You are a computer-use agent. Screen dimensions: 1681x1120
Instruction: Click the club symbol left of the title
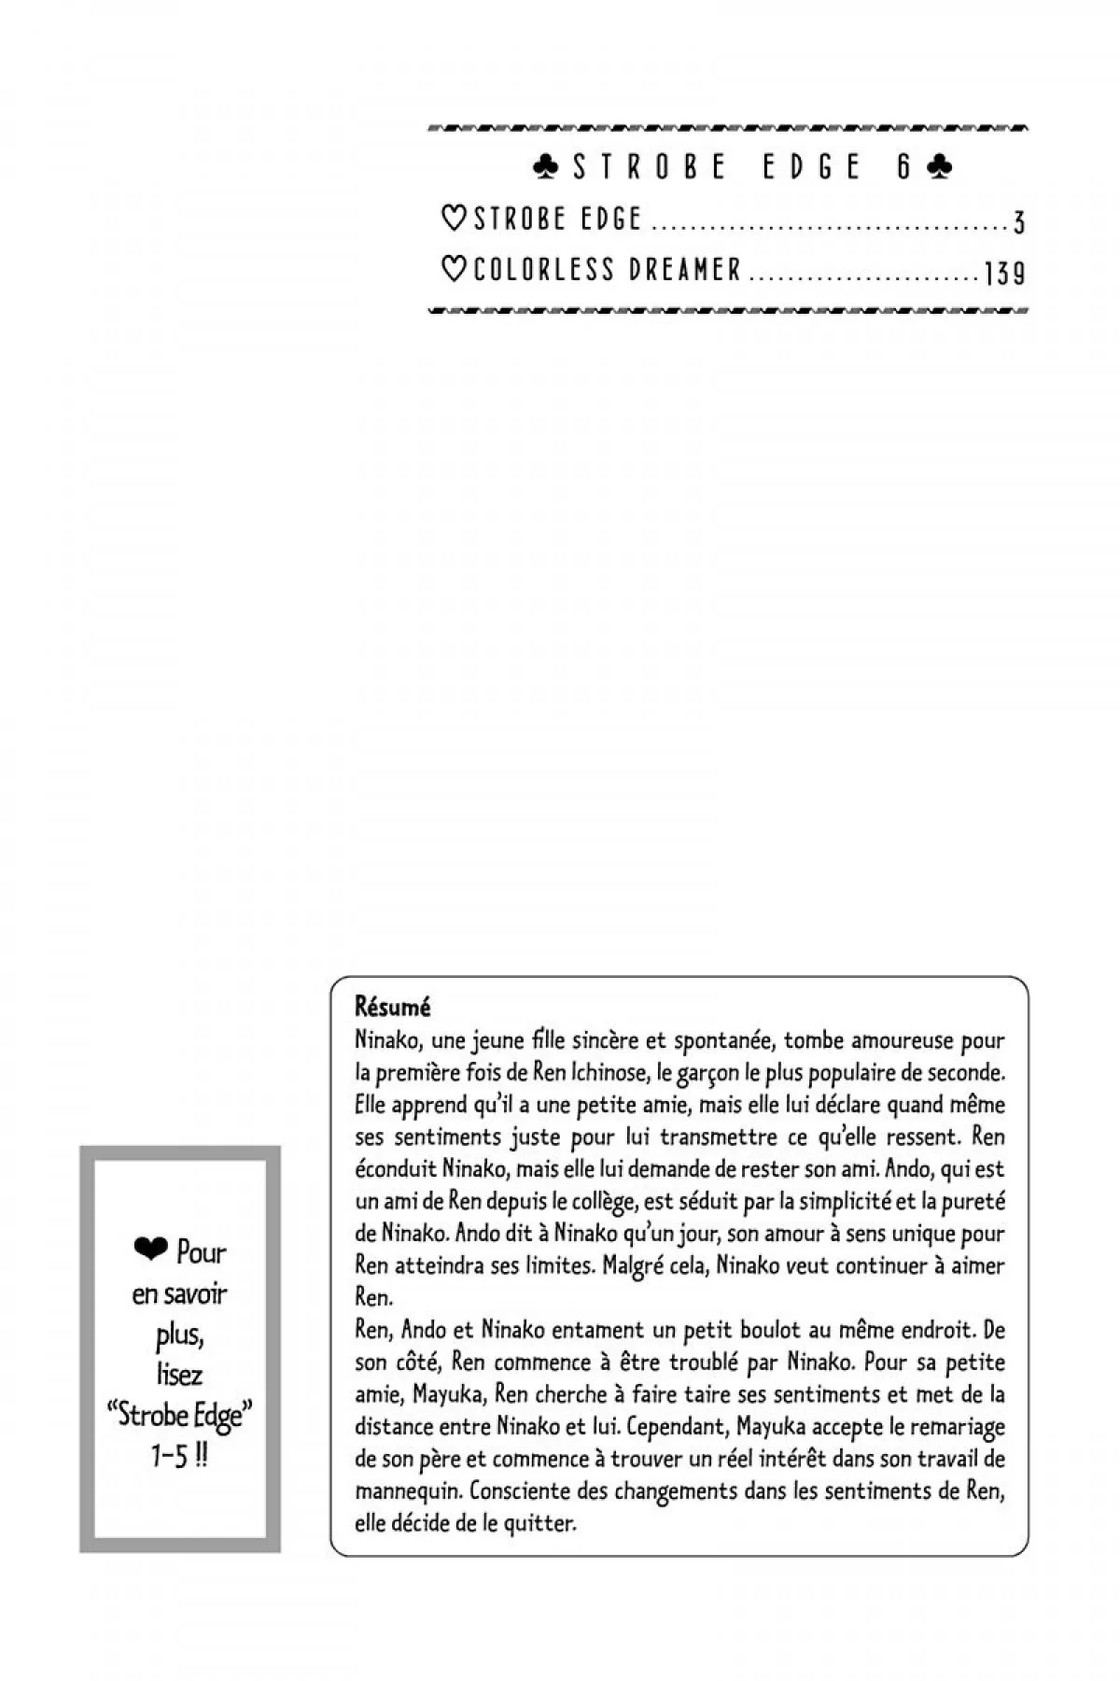click(x=546, y=167)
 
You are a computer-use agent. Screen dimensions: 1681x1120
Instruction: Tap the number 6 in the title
click(x=903, y=167)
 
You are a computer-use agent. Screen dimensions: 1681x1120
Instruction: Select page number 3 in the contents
click(x=1018, y=222)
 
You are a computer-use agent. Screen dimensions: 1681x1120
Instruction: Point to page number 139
click(x=1004, y=273)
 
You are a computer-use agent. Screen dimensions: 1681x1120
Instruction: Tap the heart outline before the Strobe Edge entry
click(x=453, y=219)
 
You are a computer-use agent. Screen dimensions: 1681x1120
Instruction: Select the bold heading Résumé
click(x=392, y=1008)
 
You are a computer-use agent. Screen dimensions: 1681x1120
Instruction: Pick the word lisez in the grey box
click(x=180, y=1374)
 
